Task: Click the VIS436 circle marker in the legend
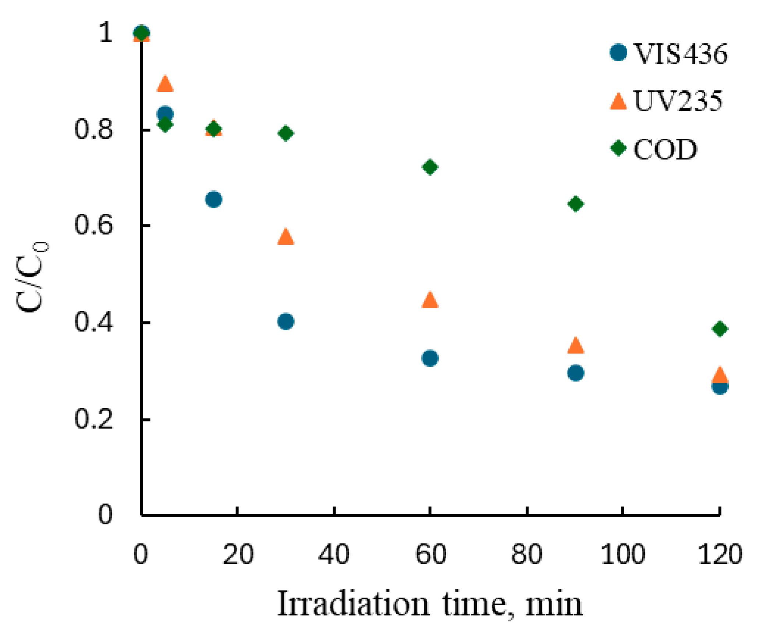click(x=618, y=53)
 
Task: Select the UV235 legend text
click(x=678, y=101)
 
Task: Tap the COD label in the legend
click(x=665, y=149)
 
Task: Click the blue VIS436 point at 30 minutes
click(x=286, y=322)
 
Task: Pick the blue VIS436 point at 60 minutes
click(x=430, y=358)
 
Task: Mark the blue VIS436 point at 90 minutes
click(x=576, y=373)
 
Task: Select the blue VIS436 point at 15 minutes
click(x=214, y=200)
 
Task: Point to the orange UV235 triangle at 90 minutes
click(x=576, y=345)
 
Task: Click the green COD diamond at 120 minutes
click(x=720, y=329)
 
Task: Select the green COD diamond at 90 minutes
click(x=576, y=204)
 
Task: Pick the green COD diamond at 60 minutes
click(x=430, y=167)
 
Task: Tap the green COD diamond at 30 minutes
click(x=286, y=133)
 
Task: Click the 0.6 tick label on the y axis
click(x=93, y=225)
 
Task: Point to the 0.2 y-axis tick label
click(x=93, y=419)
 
